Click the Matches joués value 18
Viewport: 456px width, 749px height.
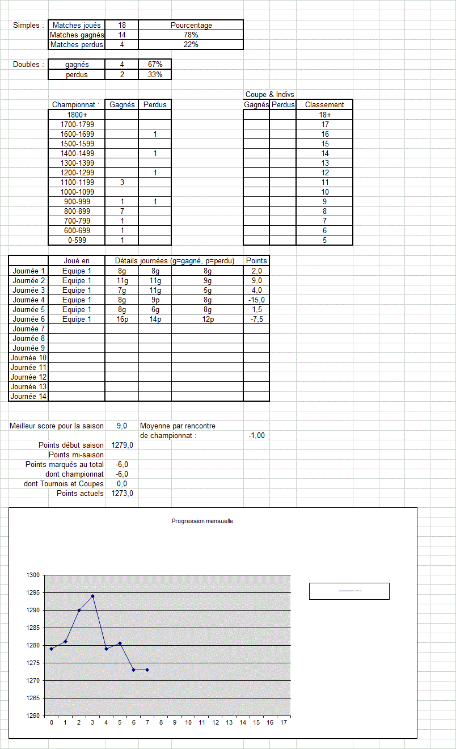point(122,25)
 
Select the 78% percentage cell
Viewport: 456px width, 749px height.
point(191,35)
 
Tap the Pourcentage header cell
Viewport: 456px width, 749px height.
point(191,25)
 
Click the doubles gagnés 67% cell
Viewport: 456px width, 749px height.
point(155,64)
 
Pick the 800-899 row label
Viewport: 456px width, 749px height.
point(77,211)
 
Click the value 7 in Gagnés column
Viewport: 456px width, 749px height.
point(122,211)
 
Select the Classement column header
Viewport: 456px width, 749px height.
point(324,104)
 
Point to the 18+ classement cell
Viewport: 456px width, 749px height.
point(324,115)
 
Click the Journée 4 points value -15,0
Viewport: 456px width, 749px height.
point(256,300)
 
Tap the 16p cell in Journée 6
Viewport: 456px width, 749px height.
point(122,319)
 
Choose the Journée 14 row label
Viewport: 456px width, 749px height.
point(28,396)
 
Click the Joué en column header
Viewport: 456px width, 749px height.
point(77,260)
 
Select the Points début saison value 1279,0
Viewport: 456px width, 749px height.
point(123,445)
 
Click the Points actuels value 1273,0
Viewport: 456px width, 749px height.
point(123,493)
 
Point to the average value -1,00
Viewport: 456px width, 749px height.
point(256,435)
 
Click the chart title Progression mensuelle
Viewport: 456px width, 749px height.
point(202,521)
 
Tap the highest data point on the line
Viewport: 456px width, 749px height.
point(92,596)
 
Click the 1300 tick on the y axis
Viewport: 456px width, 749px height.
point(33,575)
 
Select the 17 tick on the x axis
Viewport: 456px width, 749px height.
point(284,722)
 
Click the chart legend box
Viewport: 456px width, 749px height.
point(349,591)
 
